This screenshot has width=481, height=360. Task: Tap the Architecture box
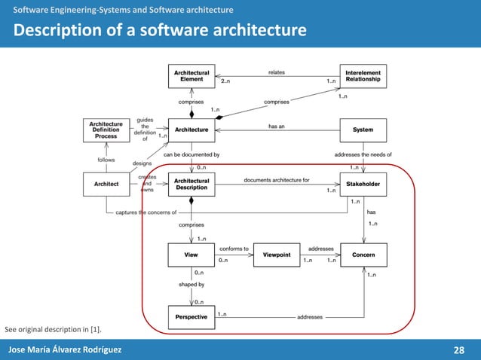coord(191,130)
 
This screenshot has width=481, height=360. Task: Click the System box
coord(363,130)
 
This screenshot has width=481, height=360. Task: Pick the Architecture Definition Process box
coord(106,130)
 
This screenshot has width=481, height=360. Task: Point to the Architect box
coord(106,184)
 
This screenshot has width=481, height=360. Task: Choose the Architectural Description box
coord(191,184)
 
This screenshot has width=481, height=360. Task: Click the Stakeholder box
coord(363,184)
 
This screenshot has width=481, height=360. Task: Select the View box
coord(191,255)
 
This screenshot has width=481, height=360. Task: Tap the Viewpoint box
coord(277,255)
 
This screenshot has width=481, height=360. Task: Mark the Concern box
coord(363,255)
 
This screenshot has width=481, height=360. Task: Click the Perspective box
coord(191,317)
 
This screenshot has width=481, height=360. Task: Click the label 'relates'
coord(277,72)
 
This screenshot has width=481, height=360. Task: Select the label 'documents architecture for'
coord(277,180)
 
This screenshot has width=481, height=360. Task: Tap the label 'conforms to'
coord(234,248)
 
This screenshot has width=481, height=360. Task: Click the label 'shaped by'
coord(191,285)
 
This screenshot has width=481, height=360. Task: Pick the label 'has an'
coord(277,127)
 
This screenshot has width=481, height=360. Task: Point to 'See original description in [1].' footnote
coord(53,330)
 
